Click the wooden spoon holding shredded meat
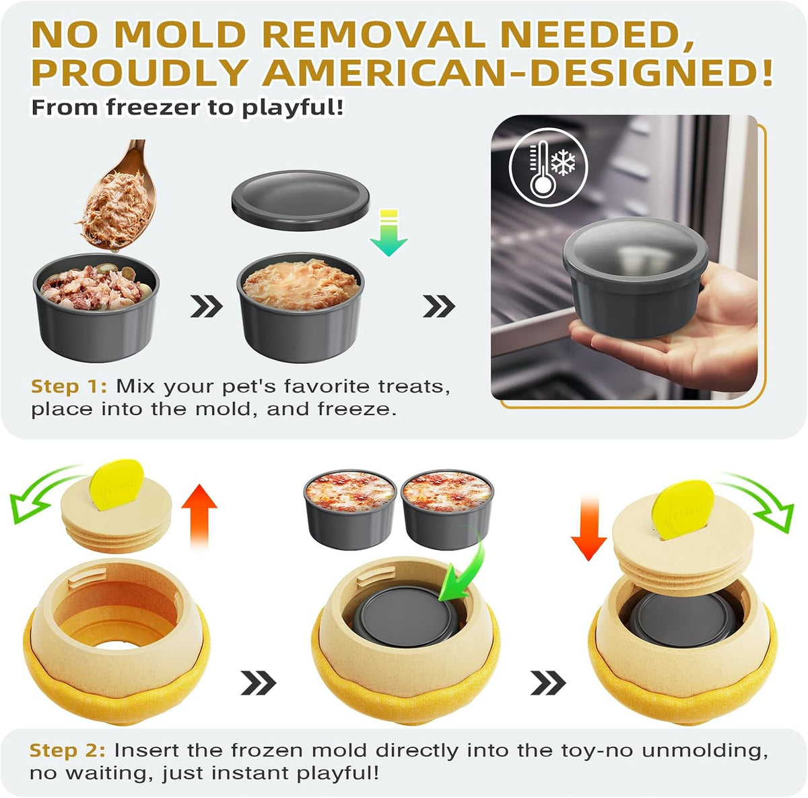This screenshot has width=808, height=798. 122,197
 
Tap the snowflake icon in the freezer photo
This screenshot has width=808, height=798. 563,162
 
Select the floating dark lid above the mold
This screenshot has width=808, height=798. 300,200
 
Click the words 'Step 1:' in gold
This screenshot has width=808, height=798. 69,387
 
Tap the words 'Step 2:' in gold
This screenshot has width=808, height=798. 67,750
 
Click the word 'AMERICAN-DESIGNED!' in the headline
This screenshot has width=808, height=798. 518,72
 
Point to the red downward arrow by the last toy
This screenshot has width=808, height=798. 588,527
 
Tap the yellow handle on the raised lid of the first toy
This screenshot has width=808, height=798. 116,484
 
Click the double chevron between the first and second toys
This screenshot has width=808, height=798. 259,683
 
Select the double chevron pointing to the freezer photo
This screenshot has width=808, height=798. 439,306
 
